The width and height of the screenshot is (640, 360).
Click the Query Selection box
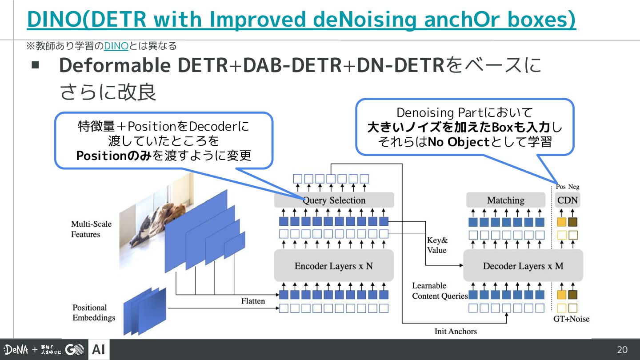coord(334,200)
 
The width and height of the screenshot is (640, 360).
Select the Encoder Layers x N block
coord(334,266)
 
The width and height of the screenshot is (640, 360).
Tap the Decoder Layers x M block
coord(523,266)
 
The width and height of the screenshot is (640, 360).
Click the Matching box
coord(505,200)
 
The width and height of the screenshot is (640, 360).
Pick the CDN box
coord(568,200)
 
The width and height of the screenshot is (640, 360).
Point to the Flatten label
coord(253,301)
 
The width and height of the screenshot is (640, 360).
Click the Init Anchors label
coord(455,331)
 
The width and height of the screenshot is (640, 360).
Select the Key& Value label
coord(437,245)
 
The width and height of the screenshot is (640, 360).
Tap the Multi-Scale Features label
coord(91,229)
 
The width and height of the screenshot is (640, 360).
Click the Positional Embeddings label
coord(94,312)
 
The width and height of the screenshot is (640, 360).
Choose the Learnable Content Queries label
coord(440,291)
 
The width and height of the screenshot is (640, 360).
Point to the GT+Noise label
coord(571,319)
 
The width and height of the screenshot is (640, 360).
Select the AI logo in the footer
coord(99,350)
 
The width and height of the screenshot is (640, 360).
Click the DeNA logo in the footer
coord(16,350)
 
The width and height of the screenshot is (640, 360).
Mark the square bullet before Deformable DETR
coord(36,65)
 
